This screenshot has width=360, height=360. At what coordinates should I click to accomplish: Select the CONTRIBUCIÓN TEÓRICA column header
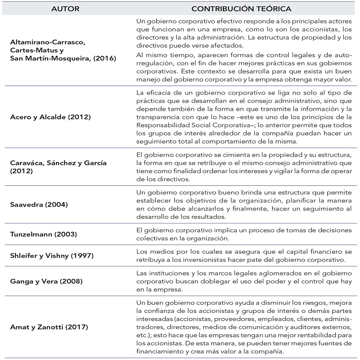click(241, 9)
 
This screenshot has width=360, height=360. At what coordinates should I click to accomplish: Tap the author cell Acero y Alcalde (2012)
click(50, 117)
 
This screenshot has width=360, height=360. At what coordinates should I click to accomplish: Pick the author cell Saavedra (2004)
click(39, 204)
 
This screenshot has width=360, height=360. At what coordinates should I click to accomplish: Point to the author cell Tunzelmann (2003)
click(44, 234)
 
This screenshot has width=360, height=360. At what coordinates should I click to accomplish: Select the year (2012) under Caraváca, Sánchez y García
click(21, 171)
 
